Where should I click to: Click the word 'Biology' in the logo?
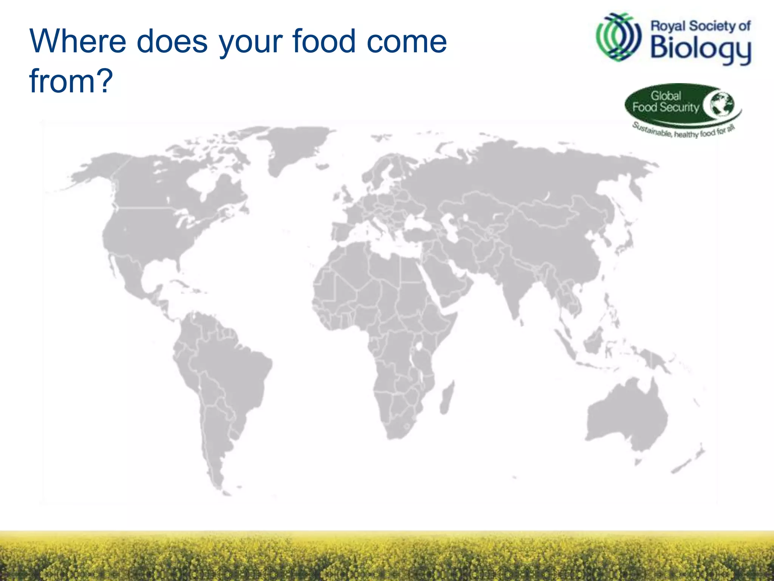click(700, 49)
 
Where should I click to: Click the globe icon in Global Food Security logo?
click(721, 104)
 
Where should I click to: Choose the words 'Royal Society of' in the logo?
click(700, 26)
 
